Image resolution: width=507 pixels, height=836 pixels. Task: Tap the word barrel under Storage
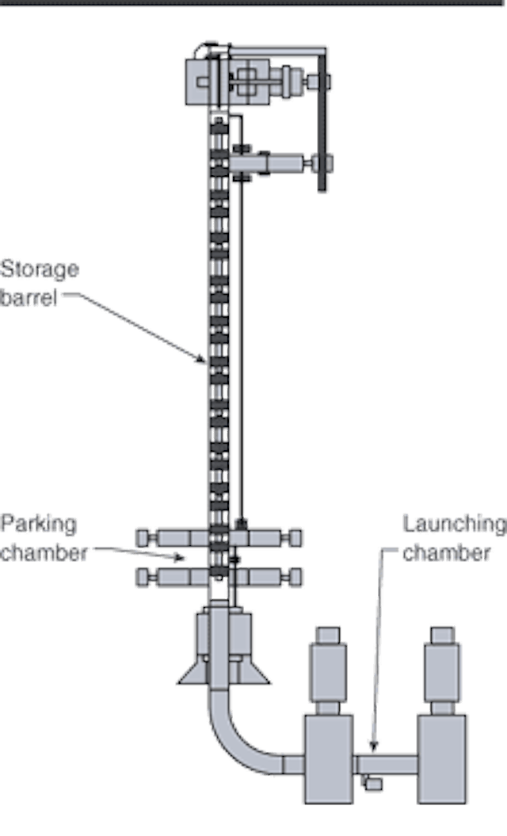coord(30,299)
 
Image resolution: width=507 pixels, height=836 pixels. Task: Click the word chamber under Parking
coord(44,552)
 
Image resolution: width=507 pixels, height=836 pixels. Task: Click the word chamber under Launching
coord(447,552)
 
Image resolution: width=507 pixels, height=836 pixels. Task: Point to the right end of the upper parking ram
coord(297,538)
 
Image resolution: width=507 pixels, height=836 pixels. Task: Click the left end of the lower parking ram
coord(143,575)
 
